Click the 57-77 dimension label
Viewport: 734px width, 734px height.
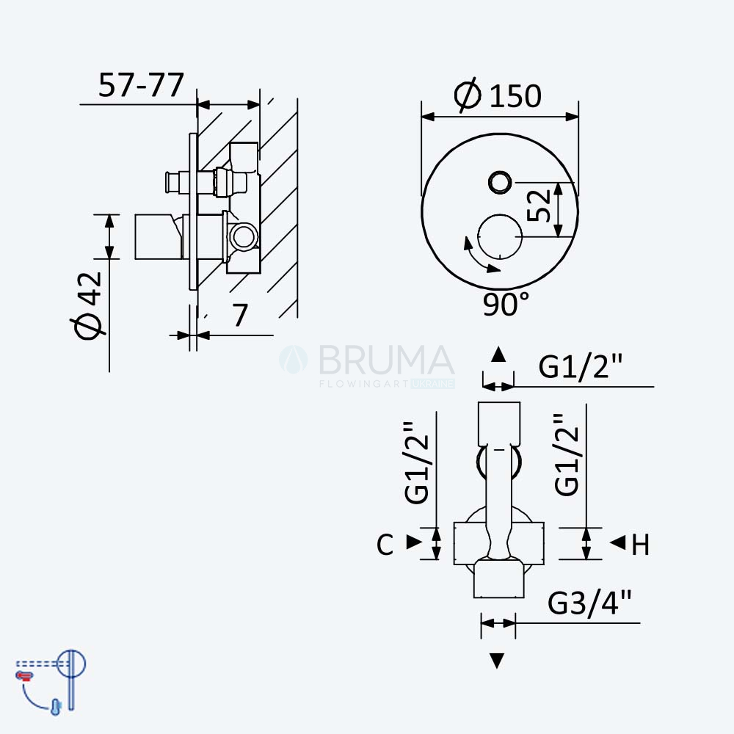(141, 85)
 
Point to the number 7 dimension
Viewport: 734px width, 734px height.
(240, 316)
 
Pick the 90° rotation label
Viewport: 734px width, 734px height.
(506, 304)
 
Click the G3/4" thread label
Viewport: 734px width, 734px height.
(589, 603)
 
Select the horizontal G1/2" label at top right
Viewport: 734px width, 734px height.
(580, 366)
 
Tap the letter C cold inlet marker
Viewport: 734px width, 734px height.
(385, 545)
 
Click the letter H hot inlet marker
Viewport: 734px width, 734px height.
(640, 545)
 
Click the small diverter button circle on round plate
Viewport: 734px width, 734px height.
(500, 181)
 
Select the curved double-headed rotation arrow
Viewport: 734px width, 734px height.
(479, 256)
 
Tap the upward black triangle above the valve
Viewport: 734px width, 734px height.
(498, 355)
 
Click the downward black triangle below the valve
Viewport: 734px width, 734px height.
(497, 661)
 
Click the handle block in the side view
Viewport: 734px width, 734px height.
(158, 237)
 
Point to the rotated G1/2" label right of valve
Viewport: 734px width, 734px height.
(567, 454)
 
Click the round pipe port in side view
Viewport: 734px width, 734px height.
(244, 236)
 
